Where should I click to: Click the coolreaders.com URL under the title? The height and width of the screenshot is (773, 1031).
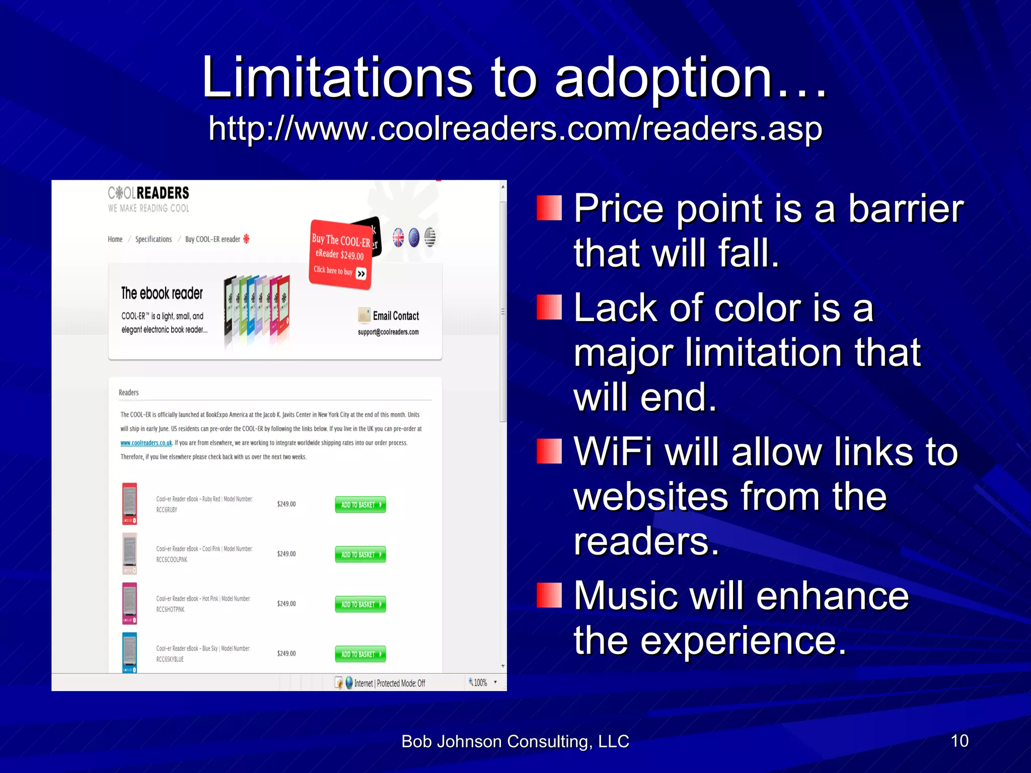point(515,128)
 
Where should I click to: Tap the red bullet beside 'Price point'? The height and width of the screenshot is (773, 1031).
point(548,208)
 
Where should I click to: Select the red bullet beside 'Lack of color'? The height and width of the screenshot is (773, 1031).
point(548,307)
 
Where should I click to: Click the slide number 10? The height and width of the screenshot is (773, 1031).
point(959,741)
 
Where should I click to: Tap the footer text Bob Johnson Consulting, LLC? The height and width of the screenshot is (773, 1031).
point(515,741)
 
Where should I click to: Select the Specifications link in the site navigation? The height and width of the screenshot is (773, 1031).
point(153,239)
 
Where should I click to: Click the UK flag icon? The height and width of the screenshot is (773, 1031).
point(398,238)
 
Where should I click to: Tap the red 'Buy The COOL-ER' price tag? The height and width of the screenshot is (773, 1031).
point(340,254)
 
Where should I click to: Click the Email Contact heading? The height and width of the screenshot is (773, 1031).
point(396,316)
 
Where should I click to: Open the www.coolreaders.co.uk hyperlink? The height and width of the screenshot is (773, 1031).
point(146,443)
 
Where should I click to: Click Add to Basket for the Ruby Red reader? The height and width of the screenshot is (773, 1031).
point(360,504)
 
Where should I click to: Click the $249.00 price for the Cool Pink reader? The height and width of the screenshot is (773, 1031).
point(286,554)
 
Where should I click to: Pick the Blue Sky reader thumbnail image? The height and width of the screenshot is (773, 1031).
point(129,652)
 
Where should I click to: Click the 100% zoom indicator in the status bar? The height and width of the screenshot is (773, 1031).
point(480,682)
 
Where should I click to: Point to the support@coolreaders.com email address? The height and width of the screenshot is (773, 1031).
point(388,332)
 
